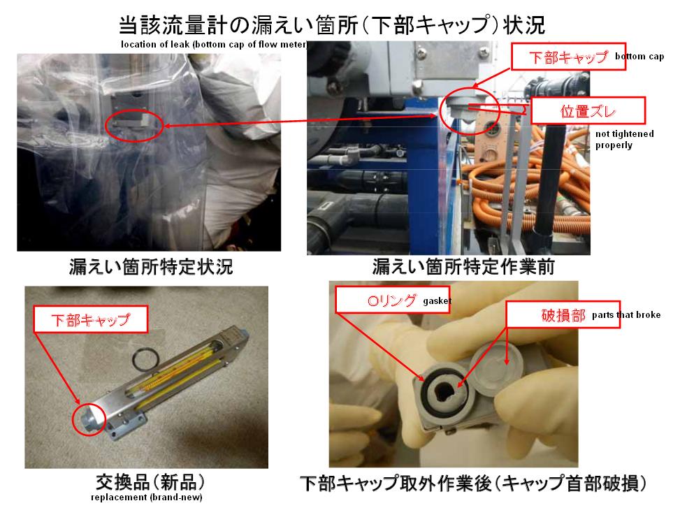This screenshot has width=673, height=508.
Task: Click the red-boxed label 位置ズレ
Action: coord(588,111)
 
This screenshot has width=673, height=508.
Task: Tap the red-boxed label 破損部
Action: coord(563,315)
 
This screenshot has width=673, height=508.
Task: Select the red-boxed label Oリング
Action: coord(392,300)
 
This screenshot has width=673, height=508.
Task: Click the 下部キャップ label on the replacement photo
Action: coord(90,319)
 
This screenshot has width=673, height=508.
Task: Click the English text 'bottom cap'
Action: coord(639,56)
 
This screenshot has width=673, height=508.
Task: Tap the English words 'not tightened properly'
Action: coord(625,140)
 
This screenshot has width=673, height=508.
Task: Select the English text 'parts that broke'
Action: coord(626,315)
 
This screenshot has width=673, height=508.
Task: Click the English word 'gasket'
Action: coord(437,300)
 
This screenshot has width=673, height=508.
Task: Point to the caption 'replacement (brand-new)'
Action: coord(146,498)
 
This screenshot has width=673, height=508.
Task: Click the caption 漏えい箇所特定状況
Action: coord(151,267)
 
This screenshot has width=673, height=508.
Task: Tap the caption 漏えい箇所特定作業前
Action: coord(463,267)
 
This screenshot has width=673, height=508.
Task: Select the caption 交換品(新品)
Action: coord(150,483)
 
